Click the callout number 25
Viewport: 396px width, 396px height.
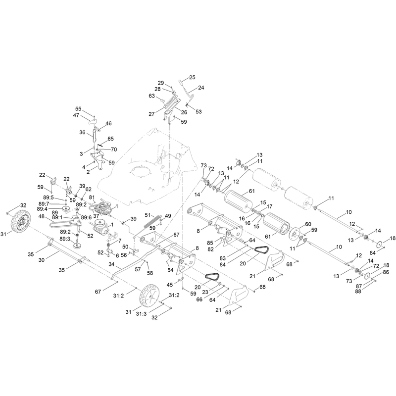point(192,77)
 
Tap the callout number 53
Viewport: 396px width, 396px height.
point(199,112)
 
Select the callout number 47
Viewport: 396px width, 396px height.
point(76,115)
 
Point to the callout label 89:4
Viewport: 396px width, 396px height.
point(42,209)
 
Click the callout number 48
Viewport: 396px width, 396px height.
point(42,216)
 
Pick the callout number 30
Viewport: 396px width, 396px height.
point(41,260)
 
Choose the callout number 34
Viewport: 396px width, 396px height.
point(112,264)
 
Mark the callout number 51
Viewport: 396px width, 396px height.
point(148,215)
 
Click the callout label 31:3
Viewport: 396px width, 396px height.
point(141,314)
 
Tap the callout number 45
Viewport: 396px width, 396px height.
point(170,285)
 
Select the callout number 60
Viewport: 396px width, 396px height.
point(308,224)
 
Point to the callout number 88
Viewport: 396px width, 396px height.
point(358,291)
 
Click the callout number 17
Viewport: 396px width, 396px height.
point(269,206)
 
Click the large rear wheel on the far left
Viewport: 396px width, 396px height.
point(21,221)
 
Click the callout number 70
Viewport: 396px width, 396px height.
point(114,149)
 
